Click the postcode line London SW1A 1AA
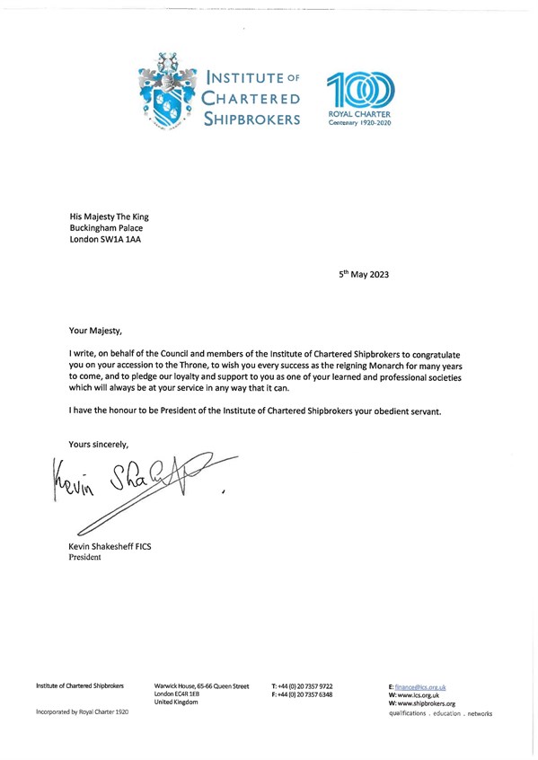(x=104, y=240)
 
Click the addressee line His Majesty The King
(x=110, y=217)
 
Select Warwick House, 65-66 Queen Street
(x=202, y=686)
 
